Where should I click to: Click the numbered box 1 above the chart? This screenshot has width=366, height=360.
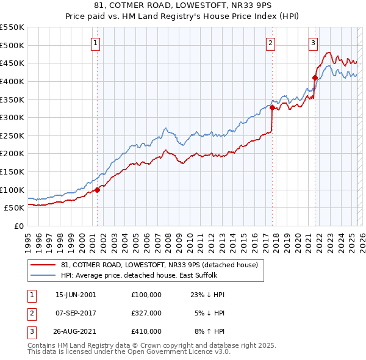click(x=97, y=43)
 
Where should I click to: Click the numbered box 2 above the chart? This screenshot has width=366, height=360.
click(x=270, y=43)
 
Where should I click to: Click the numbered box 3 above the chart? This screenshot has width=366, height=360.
click(x=313, y=43)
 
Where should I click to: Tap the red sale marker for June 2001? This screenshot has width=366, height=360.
click(x=97, y=190)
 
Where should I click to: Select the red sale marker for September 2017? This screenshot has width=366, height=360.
click(x=272, y=108)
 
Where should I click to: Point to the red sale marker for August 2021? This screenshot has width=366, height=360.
click(x=315, y=77)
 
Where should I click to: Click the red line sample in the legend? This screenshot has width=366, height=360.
click(x=43, y=265)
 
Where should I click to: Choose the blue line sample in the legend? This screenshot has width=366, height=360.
click(x=43, y=275)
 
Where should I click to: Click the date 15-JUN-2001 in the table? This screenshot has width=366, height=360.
click(x=76, y=295)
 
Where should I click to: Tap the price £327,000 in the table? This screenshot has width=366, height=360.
click(x=146, y=313)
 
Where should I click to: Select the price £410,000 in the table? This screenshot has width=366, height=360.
click(x=146, y=331)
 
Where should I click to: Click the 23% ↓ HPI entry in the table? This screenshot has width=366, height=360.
click(x=207, y=295)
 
